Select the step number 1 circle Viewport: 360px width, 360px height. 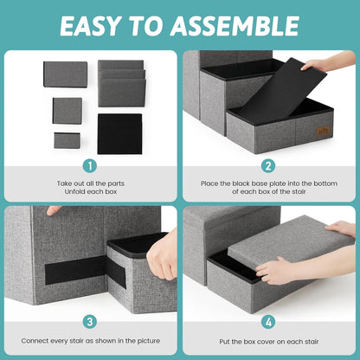click(89, 164)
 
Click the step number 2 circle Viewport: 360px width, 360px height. click(269, 164)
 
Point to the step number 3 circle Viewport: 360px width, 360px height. click(89, 321)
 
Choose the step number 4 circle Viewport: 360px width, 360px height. click(269, 321)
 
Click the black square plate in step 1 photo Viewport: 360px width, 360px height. click(119, 133)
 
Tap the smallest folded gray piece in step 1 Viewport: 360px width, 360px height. click(66, 139)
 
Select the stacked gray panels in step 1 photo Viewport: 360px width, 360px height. click(121, 83)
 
